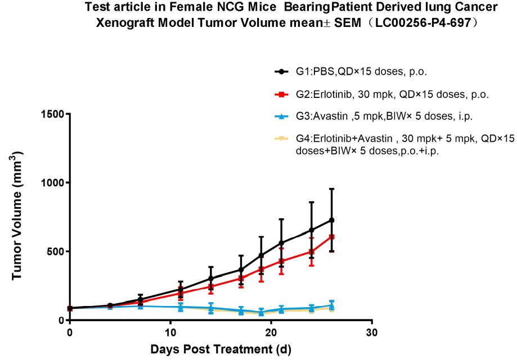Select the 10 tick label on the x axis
pos(170,332)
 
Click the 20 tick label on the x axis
pos(271,332)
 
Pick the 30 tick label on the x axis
pos(371,332)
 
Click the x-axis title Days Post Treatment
pos(221,350)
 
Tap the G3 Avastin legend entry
pos(384,117)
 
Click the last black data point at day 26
pos(331,220)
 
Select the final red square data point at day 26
pos(331,237)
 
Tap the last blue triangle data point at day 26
pos(331,305)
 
